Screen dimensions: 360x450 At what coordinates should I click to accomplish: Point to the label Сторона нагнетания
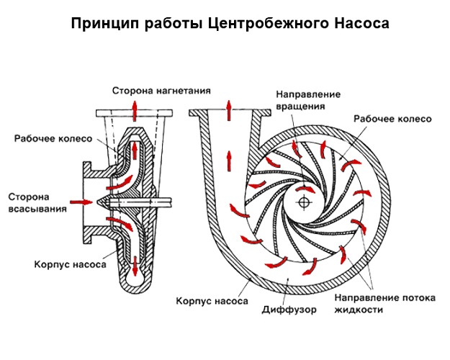pos(161,91)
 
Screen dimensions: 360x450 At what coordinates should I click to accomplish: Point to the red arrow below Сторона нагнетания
pos(133,108)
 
